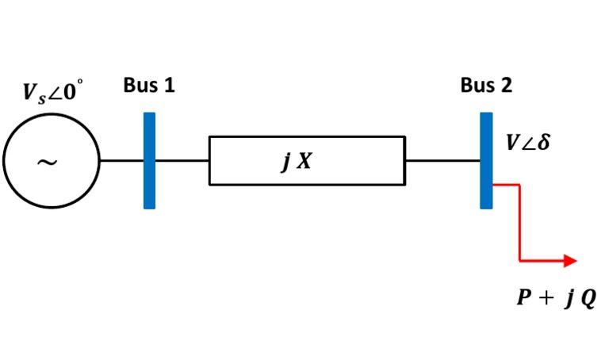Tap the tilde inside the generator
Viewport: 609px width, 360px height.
click(48, 163)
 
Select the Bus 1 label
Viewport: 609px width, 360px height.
click(149, 86)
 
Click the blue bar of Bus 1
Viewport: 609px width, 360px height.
click(149, 161)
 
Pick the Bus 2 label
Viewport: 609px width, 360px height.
click(486, 86)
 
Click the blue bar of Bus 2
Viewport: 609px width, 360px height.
click(486, 161)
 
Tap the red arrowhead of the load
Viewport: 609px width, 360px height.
click(570, 260)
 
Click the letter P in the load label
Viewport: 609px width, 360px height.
click(523, 299)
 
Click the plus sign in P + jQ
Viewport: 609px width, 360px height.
click(546, 300)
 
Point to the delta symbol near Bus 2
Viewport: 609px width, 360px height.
click(544, 145)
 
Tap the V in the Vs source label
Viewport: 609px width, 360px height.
click(29, 93)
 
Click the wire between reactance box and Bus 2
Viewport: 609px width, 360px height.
click(442, 161)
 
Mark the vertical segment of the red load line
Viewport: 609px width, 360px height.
click(519, 222)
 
